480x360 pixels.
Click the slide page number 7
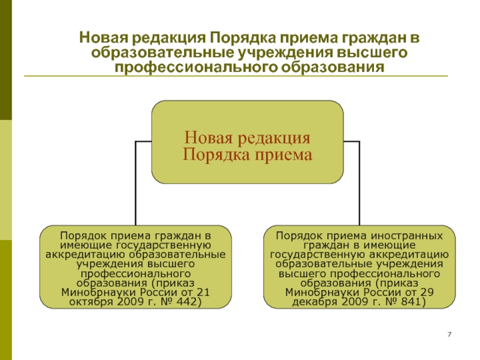(449, 334)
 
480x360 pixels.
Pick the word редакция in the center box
(274, 139)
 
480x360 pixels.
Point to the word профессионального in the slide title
(196, 67)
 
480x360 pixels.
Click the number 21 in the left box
(203, 292)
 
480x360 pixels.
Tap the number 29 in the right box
(427, 292)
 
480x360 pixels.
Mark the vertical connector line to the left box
(136, 183)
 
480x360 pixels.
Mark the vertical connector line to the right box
(359, 183)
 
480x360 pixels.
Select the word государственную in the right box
(318, 255)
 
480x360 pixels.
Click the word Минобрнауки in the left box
(98, 292)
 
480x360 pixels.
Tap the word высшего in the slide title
(372, 53)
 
